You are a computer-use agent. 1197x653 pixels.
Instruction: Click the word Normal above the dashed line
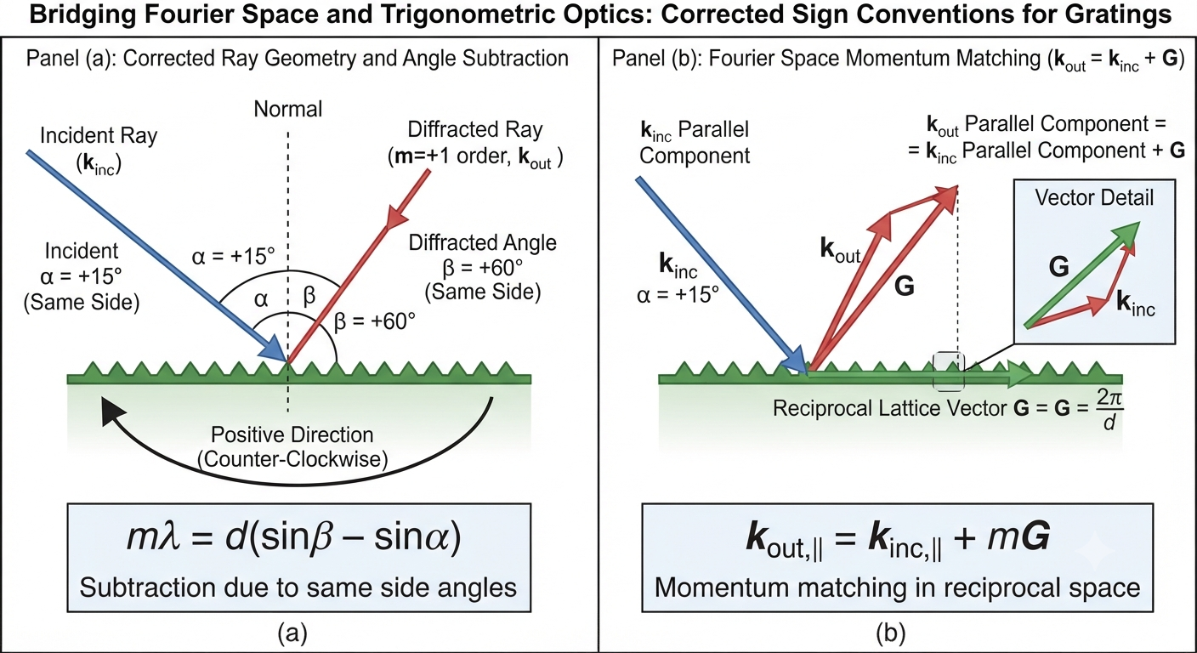[287, 109]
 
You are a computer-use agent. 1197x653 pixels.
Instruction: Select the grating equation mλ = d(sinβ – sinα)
[294, 537]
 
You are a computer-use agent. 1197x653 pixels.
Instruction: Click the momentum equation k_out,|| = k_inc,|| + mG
[898, 539]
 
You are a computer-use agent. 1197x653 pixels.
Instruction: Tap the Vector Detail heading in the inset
[1094, 198]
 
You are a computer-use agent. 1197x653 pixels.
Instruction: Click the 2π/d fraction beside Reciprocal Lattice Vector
[1109, 409]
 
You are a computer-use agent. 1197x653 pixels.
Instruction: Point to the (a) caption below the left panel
[292, 633]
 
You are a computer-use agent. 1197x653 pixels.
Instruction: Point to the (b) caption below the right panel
[890, 633]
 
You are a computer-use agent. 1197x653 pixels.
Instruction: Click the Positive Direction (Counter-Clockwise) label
[292, 446]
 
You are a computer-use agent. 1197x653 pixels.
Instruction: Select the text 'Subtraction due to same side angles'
[298, 588]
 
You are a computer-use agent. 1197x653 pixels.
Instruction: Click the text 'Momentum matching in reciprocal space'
[898, 588]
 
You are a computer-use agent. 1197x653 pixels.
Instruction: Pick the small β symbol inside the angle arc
[309, 296]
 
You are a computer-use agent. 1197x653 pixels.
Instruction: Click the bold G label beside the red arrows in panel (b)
[905, 287]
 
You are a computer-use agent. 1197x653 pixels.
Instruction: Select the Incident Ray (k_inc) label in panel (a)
[99, 150]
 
